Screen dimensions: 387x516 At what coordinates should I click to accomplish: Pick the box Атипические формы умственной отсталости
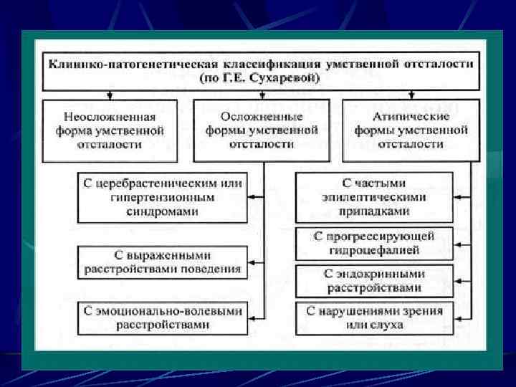[x=411, y=130]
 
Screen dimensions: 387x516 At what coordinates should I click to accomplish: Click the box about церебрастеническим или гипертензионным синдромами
[x=161, y=197]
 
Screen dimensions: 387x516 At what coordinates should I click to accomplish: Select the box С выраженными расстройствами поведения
[x=162, y=262]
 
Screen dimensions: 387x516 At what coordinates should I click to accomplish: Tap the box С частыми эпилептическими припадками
[x=375, y=197]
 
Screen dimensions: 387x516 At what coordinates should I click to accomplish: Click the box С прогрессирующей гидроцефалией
[x=375, y=244]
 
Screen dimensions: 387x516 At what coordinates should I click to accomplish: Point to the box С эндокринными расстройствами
[x=375, y=281]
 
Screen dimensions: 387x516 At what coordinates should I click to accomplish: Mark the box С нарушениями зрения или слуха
[x=375, y=318]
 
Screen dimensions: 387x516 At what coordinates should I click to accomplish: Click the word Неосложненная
[x=110, y=116]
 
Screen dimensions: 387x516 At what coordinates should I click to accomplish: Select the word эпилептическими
[x=375, y=197]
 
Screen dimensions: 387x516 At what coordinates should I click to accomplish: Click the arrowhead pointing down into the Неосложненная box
[x=109, y=95]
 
